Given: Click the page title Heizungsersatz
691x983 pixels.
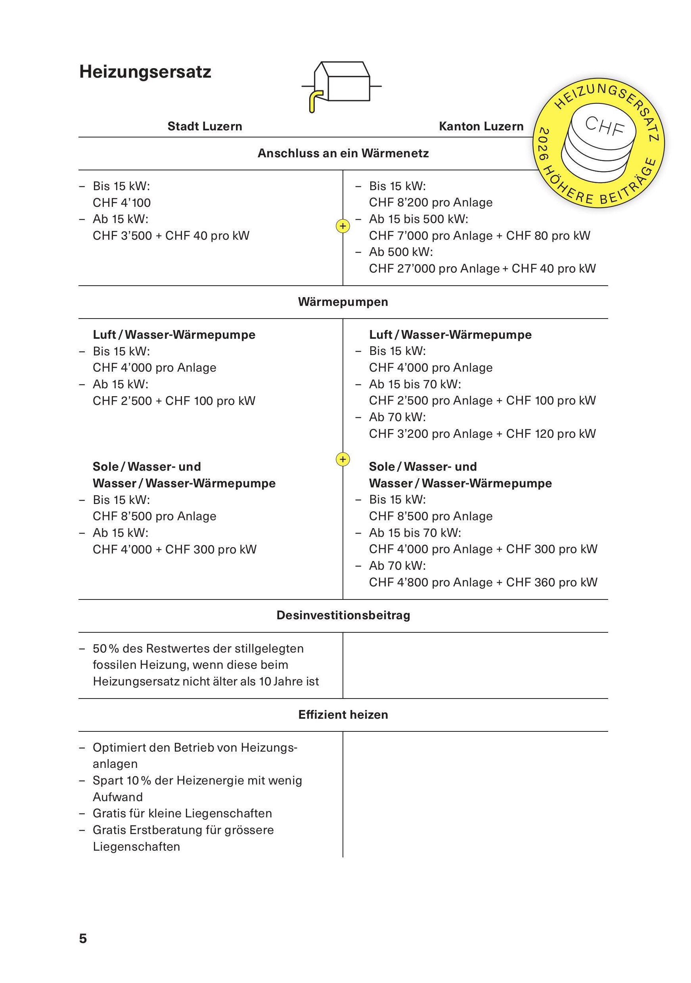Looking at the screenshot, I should pos(145,72).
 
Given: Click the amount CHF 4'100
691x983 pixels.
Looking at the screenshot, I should pos(122,202).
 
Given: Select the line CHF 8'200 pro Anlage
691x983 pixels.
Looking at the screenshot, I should pos(431,202).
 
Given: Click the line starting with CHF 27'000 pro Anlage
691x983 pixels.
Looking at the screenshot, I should pos(482,269).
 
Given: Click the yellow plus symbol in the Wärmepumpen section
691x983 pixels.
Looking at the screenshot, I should pos(343,459).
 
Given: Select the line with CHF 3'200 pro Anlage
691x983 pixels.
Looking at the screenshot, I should pos(482,434).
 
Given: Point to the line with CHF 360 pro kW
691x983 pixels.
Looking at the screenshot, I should pos(483,582).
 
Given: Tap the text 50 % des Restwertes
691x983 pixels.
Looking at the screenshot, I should pos(198,648).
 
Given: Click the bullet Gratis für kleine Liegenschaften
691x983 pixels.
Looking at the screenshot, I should pos(182,813).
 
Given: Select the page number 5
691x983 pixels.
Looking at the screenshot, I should pos(83,939).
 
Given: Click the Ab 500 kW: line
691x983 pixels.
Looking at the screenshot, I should pos(401,252).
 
